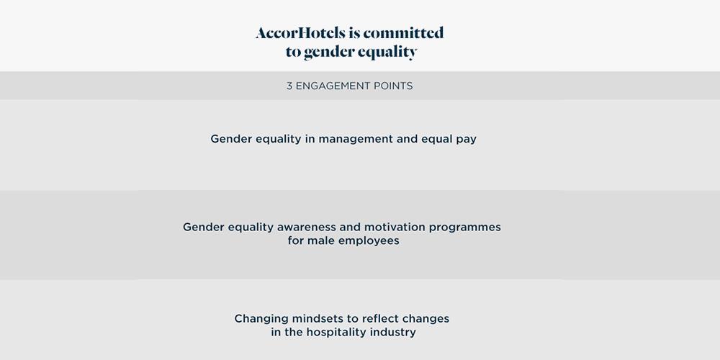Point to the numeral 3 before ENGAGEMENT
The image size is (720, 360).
(x=289, y=86)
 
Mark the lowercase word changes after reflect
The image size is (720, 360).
(x=426, y=319)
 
